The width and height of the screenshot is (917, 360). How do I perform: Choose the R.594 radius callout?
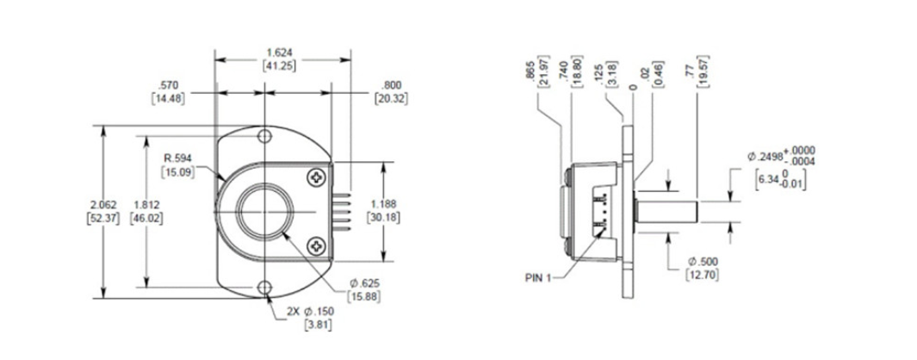tap(178, 164)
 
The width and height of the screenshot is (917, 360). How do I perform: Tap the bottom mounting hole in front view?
tap(267, 287)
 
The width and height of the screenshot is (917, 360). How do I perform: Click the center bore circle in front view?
tap(266, 212)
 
